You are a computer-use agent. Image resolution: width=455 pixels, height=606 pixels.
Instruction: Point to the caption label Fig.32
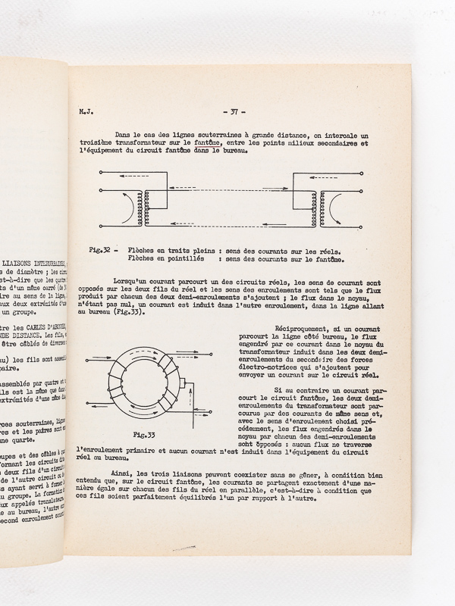click(x=101, y=250)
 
